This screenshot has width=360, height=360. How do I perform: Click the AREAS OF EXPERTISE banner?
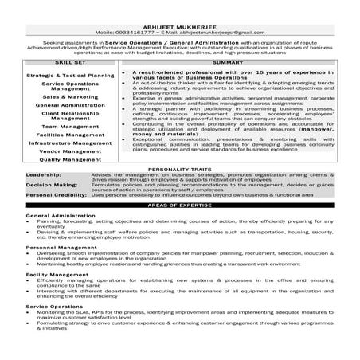click(181, 205)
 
